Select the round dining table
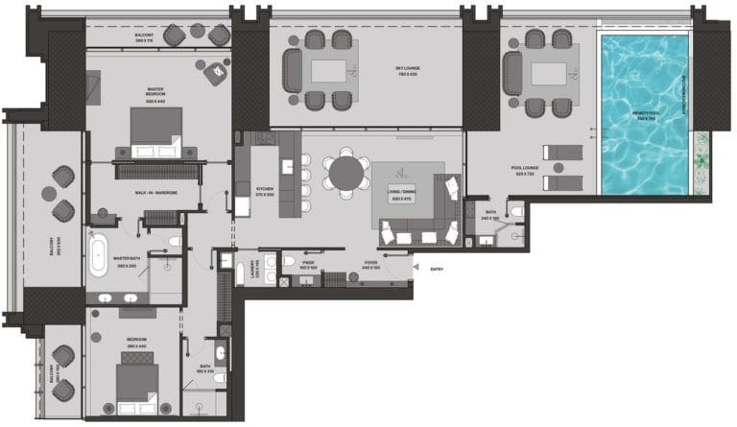coord(345,174)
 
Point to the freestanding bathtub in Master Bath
coord(99,253)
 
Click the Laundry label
coord(252,270)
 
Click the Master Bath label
coord(127,261)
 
